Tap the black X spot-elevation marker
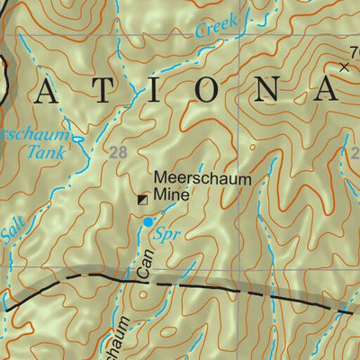coord(344,67)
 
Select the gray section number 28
coord(118,153)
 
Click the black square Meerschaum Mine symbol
coord(141,200)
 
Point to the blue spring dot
coord(148,220)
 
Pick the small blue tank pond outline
coord(76,139)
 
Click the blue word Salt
coord(12,233)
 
